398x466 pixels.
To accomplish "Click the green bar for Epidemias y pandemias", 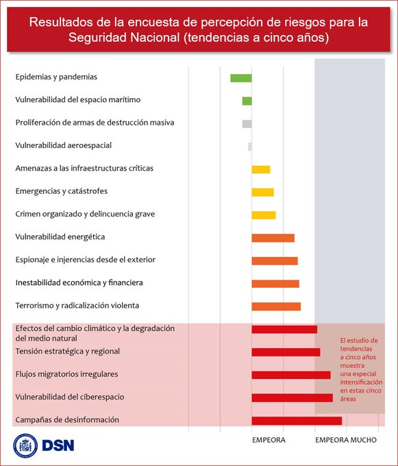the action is pyautogui.click(x=241, y=78).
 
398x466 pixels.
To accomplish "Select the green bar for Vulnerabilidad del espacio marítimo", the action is pyautogui.click(x=247, y=101).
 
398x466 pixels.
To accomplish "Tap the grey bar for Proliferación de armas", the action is pyautogui.click(x=247, y=123).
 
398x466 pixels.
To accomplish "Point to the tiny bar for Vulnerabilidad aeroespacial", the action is pyautogui.click(x=250, y=147).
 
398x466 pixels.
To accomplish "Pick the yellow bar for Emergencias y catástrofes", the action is pyautogui.click(x=262, y=193).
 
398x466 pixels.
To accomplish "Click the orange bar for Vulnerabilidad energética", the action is pyautogui.click(x=273, y=238).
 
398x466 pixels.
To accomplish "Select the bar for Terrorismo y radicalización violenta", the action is pyautogui.click(x=276, y=306).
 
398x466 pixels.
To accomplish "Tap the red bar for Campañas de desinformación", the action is pyautogui.click(x=297, y=421).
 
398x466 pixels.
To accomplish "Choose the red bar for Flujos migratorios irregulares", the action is pyautogui.click(x=291, y=375).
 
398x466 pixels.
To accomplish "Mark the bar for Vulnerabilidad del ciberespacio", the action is pyautogui.click(x=293, y=398).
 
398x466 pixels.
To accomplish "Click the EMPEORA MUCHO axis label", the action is pyautogui.click(x=346, y=440).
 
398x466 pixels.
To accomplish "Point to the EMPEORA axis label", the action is pyautogui.click(x=269, y=440).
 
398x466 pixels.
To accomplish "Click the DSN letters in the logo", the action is pyautogui.click(x=58, y=445).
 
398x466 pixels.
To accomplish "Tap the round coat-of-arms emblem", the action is pyautogui.click(x=25, y=446).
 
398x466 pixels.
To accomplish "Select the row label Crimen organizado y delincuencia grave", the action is pyautogui.click(x=85, y=214).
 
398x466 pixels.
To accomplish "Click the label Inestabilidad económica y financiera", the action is pyautogui.click(x=79, y=282).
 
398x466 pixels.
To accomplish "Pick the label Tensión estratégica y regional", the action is pyautogui.click(x=67, y=352).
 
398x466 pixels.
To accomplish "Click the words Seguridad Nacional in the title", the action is pyautogui.click(x=124, y=38).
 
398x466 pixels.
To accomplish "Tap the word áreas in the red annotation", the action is pyautogui.click(x=348, y=399).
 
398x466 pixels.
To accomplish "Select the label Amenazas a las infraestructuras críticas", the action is pyautogui.click(x=84, y=168).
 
